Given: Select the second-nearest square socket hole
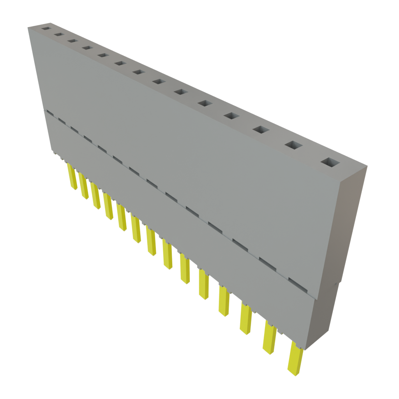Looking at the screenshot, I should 294,145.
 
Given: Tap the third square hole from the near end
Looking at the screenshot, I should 261,129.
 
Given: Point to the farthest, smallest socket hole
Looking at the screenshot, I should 46,28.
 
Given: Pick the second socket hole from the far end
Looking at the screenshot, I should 58,34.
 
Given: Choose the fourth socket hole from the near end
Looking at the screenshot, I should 231,115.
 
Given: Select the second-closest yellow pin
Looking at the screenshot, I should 269,337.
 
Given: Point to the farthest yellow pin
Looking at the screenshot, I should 71,177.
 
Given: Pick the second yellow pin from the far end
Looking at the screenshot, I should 83,186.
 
